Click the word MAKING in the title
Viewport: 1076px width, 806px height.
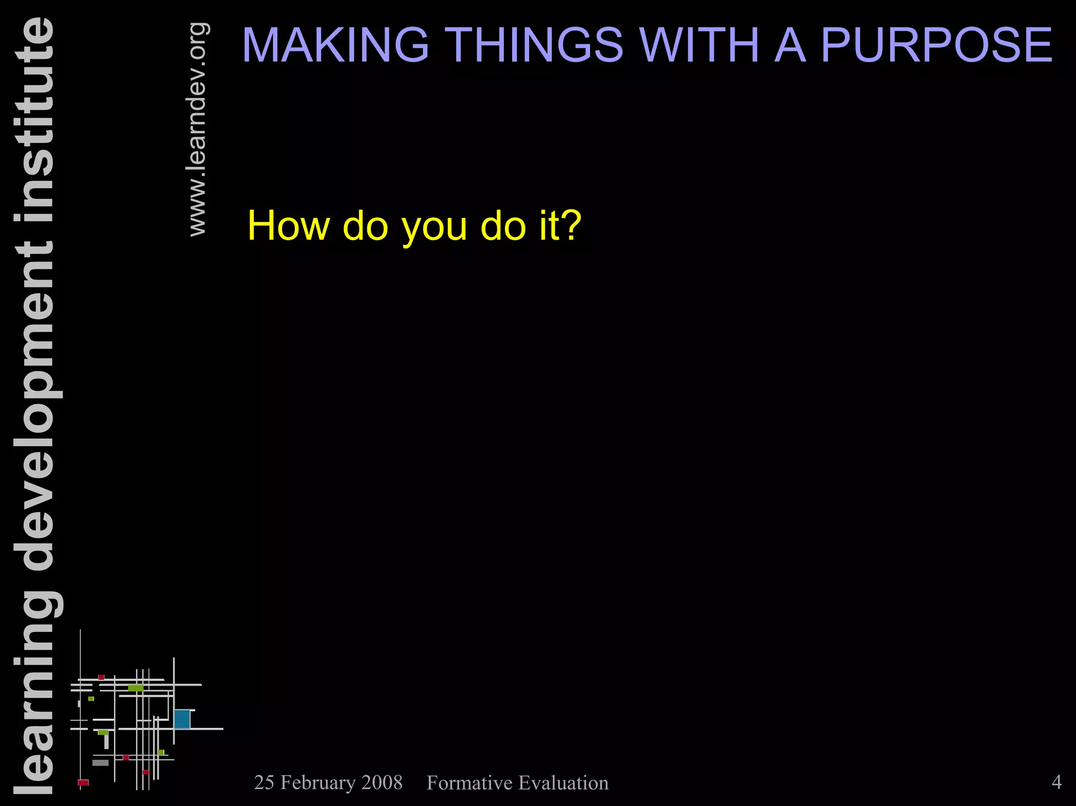click(x=335, y=45)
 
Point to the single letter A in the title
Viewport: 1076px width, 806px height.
click(x=790, y=45)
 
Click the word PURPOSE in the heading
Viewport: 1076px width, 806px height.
click(x=936, y=45)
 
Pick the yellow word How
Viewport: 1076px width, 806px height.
click(x=289, y=226)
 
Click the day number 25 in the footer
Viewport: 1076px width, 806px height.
click(x=264, y=783)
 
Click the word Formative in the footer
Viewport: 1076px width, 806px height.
click(x=469, y=783)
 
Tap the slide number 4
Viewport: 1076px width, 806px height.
click(x=1057, y=782)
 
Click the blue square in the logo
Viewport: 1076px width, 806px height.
click(x=182, y=719)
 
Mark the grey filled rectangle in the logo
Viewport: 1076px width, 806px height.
click(x=100, y=762)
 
